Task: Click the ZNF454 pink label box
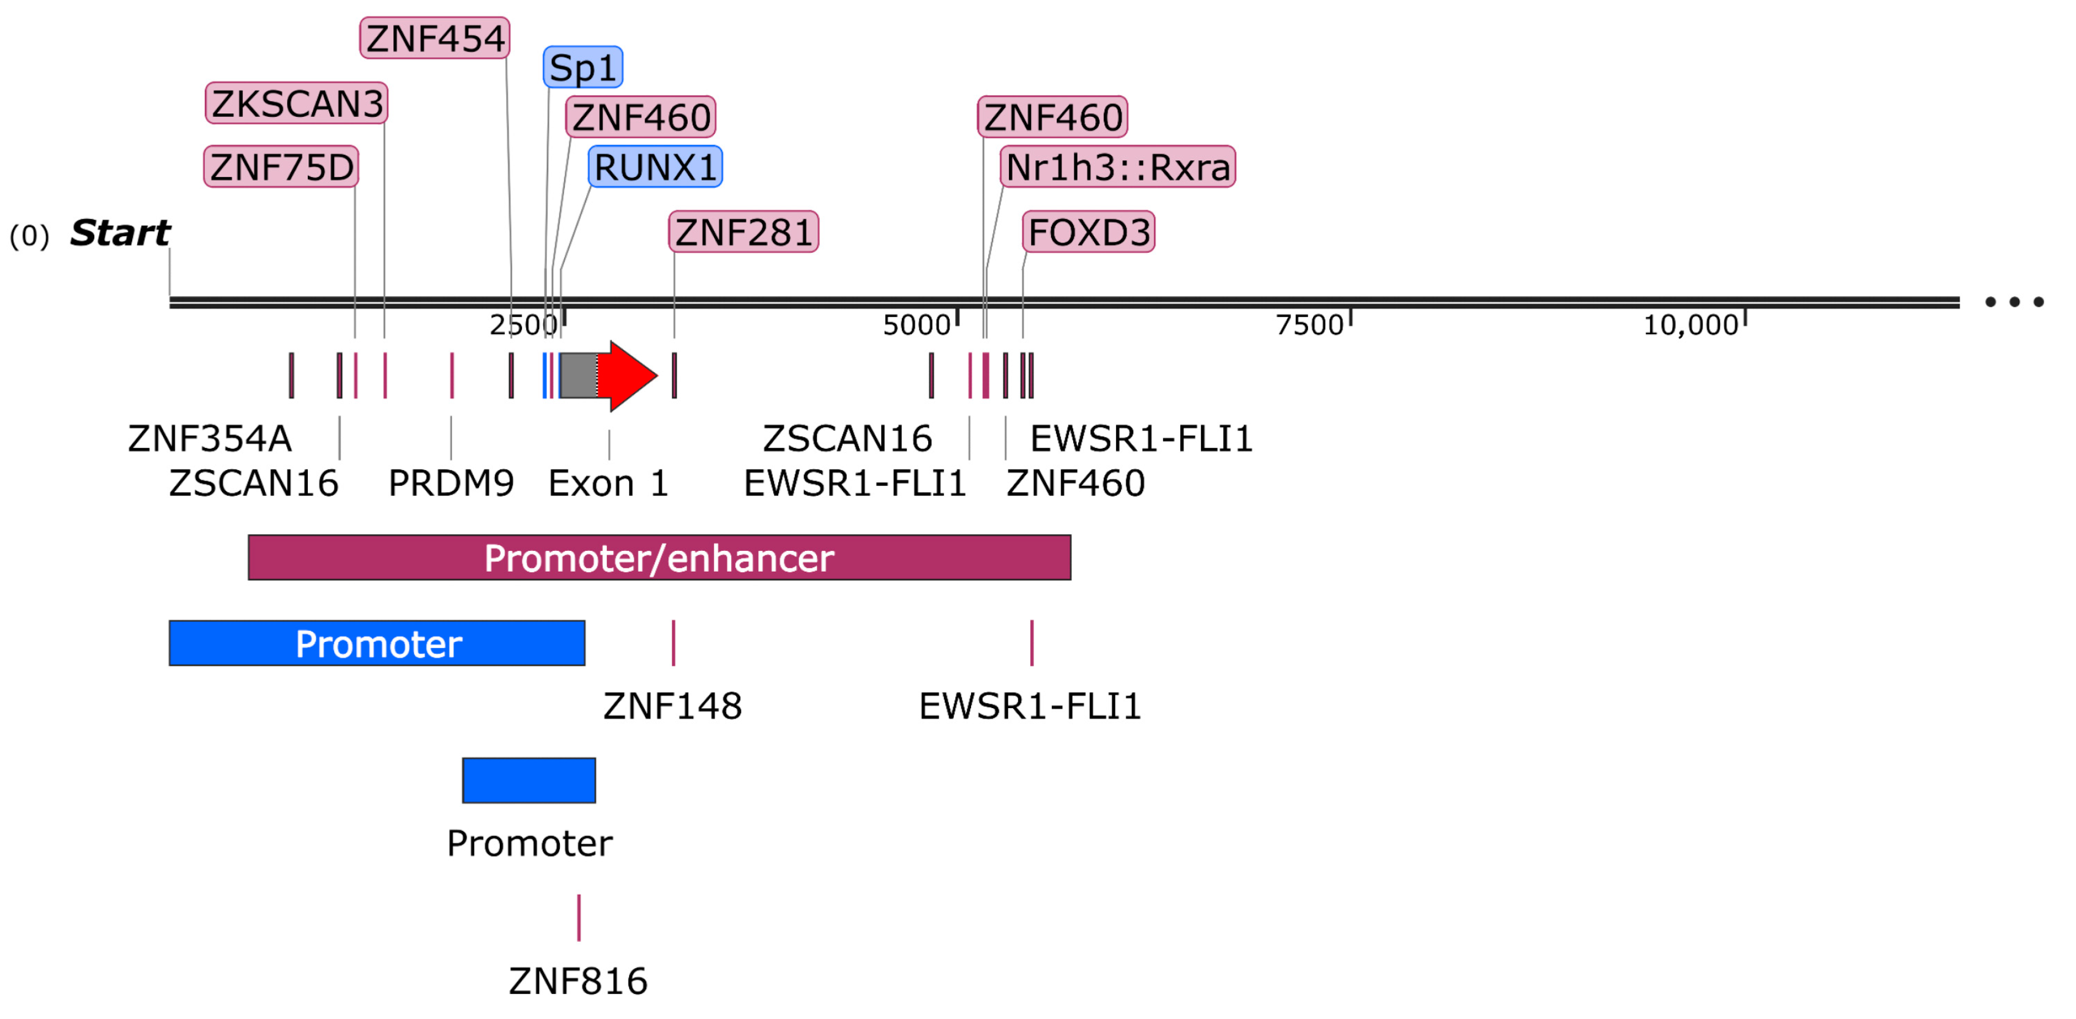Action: [x=434, y=39]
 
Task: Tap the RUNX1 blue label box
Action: [x=655, y=168]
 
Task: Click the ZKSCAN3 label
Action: [x=297, y=104]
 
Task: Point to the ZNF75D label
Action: [x=281, y=168]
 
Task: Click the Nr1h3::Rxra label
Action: [x=1117, y=168]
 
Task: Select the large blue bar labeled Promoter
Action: [x=376, y=643]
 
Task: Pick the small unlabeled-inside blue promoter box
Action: [x=529, y=780]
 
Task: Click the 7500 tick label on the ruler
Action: [x=1309, y=326]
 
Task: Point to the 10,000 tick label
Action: [x=1690, y=326]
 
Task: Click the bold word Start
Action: [x=119, y=234]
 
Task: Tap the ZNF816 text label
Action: [x=578, y=981]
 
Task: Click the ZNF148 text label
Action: [x=672, y=706]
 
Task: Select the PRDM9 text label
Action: [x=450, y=483]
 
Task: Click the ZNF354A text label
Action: [x=209, y=439]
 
